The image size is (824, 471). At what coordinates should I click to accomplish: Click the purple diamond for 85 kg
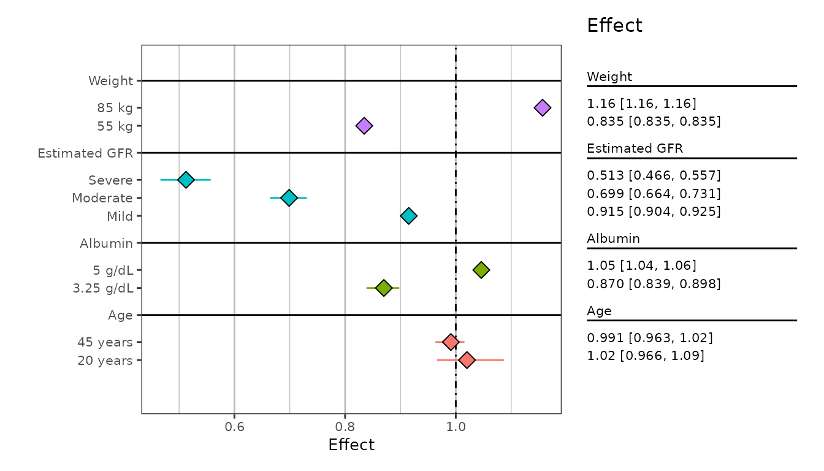(x=542, y=108)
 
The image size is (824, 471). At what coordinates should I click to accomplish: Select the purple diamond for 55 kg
(x=364, y=126)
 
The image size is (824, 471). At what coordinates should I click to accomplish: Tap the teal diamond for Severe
(x=186, y=180)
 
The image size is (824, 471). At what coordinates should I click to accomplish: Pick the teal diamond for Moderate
(x=289, y=197)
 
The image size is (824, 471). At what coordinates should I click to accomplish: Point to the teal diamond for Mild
(x=408, y=216)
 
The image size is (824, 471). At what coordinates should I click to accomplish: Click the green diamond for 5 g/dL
(x=481, y=270)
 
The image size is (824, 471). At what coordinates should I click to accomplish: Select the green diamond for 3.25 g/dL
(x=384, y=288)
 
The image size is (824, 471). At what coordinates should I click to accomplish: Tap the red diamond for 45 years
(x=451, y=342)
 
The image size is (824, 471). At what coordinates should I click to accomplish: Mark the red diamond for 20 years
(x=467, y=360)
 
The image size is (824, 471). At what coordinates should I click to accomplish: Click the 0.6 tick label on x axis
(x=234, y=427)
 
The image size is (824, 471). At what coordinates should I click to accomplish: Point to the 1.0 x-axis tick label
(x=456, y=427)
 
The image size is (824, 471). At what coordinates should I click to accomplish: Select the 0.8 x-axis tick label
(x=345, y=427)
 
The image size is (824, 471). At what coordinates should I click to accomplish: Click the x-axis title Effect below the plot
(x=351, y=445)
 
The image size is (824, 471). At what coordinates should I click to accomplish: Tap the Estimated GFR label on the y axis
(x=85, y=153)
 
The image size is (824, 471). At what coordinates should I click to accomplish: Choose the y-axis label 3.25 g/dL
(x=103, y=288)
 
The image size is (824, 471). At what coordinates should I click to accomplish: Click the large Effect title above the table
(x=614, y=26)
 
